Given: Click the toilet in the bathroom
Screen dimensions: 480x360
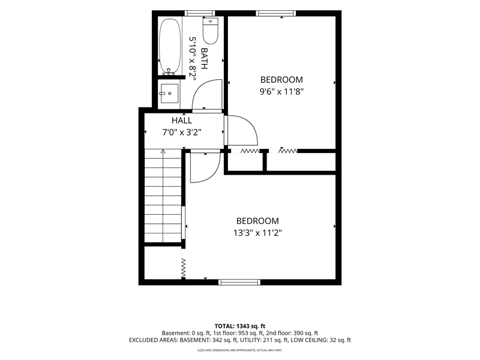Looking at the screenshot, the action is tap(211, 31).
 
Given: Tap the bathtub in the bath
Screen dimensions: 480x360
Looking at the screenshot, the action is tap(170, 46).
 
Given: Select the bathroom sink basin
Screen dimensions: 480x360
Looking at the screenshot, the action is tap(170, 94).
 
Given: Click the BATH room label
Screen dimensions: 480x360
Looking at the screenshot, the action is tap(204, 58).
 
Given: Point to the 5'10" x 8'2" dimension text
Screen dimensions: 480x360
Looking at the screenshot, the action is tap(192, 58).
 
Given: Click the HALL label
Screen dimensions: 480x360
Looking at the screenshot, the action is tap(182, 121).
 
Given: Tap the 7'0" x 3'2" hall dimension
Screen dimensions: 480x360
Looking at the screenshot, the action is tap(182, 132).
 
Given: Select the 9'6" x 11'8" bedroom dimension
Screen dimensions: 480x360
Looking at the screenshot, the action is tap(281, 92).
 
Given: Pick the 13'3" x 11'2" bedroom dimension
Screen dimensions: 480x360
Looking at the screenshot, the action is tap(257, 233).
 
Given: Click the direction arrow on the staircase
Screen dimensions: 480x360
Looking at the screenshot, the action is tap(163, 196).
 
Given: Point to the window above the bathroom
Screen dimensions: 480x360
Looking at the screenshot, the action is tap(200, 13).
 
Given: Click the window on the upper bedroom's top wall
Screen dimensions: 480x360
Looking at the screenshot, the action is tap(276, 13).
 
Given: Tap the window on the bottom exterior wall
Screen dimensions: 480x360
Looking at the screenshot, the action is tap(239, 282).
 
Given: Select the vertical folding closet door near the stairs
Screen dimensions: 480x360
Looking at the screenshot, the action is tap(184, 268).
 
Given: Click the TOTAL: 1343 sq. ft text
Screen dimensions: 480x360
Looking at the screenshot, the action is tap(239, 326).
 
